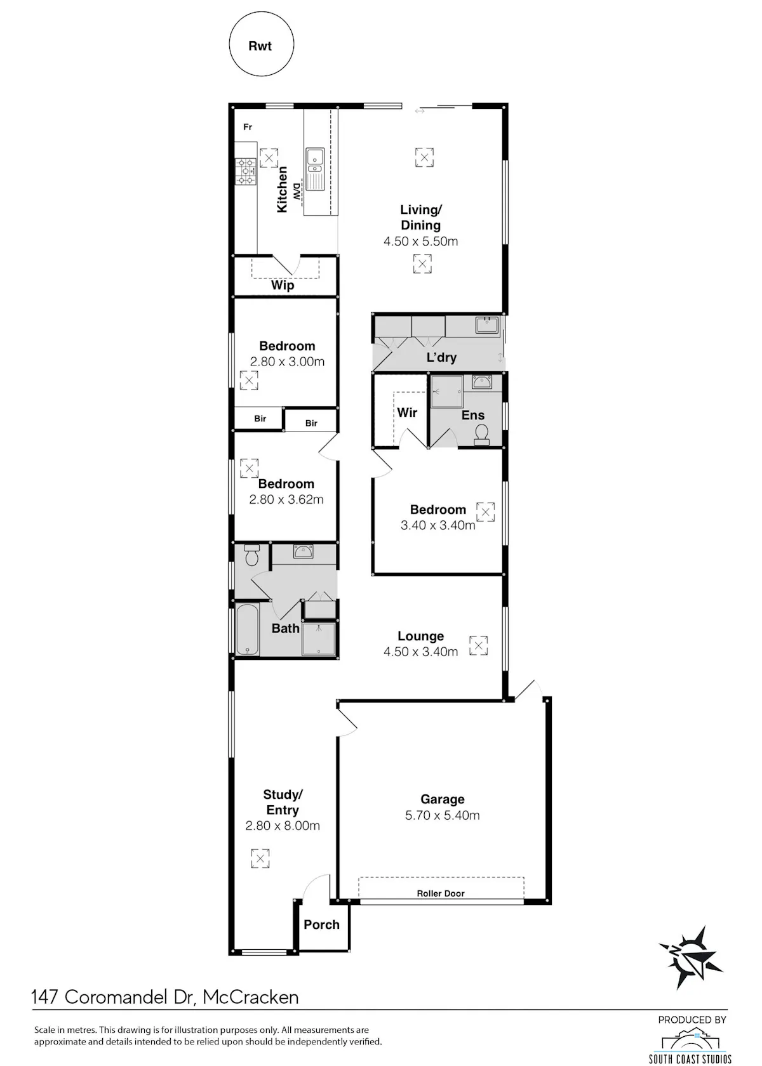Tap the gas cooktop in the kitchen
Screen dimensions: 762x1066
pyautogui.click(x=246, y=171)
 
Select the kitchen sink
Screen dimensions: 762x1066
pyautogui.click(x=315, y=169)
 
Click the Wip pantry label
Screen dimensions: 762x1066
pyautogui.click(x=283, y=286)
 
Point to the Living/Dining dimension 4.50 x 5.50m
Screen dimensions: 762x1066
pyautogui.click(x=420, y=241)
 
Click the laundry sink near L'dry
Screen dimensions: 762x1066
pyautogui.click(x=486, y=326)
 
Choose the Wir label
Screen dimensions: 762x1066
pyautogui.click(x=407, y=412)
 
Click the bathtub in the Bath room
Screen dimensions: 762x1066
pyautogui.click(x=248, y=629)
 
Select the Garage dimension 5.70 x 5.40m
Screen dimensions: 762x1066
pyautogui.click(x=442, y=815)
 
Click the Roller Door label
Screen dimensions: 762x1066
pyautogui.click(x=441, y=893)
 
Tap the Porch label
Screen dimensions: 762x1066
pyautogui.click(x=321, y=925)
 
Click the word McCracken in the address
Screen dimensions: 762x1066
pyautogui.click(x=250, y=997)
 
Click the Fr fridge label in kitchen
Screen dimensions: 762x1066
pyautogui.click(x=248, y=127)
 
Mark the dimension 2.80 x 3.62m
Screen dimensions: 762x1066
pyautogui.click(x=286, y=499)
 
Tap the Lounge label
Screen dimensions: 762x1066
pyautogui.click(x=420, y=636)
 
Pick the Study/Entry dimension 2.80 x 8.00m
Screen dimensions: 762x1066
pyautogui.click(x=283, y=826)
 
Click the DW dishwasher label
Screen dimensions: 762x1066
pyautogui.click(x=297, y=192)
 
